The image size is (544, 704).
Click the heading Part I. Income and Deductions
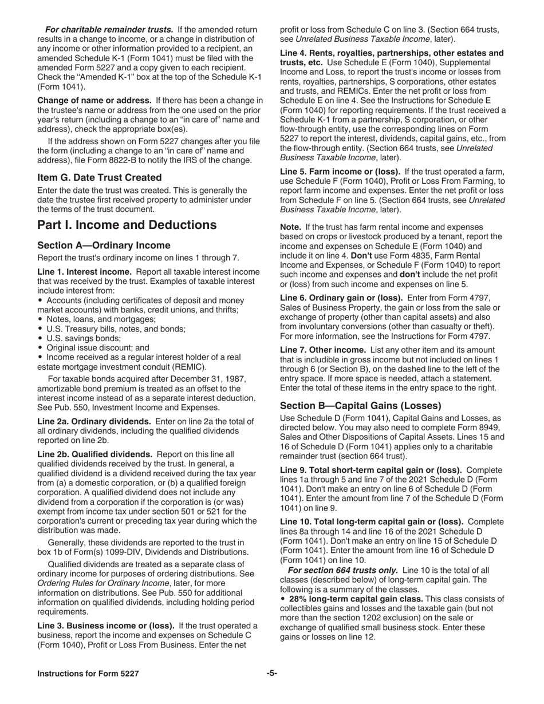click(x=127, y=225)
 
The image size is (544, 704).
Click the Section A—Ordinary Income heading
click(x=104, y=246)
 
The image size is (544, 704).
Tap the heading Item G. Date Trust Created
click(x=99, y=177)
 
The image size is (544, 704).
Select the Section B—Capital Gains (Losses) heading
click(x=360, y=406)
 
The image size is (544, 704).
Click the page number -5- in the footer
click(x=271, y=674)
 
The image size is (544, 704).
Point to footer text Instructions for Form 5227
click(x=88, y=674)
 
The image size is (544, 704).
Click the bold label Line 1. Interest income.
click(x=85, y=271)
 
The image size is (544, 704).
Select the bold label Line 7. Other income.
click(x=322, y=349)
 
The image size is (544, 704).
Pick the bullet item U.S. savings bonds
click(x=80, y=338)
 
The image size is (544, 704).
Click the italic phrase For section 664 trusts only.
click(x=343, y=570)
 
